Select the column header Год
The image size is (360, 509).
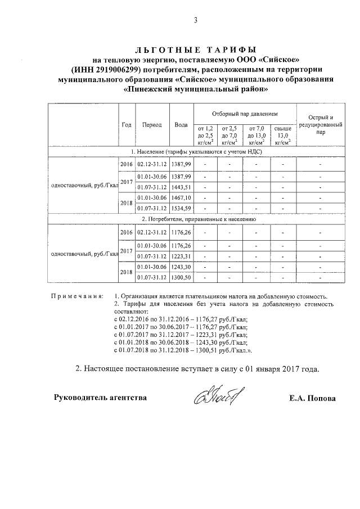point(127,124)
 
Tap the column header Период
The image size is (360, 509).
point(152,124)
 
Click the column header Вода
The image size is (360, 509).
point(181,124)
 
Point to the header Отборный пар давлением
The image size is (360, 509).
point(244,113)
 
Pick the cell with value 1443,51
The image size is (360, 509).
point(181,187)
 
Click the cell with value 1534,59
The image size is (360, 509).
point(181,209)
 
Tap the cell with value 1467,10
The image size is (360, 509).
point(181,198)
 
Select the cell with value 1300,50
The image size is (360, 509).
point(181,277)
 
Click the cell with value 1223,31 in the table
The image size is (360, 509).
point(181,256)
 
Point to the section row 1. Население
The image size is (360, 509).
point(194,152)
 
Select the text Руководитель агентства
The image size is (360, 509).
point(100,398)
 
